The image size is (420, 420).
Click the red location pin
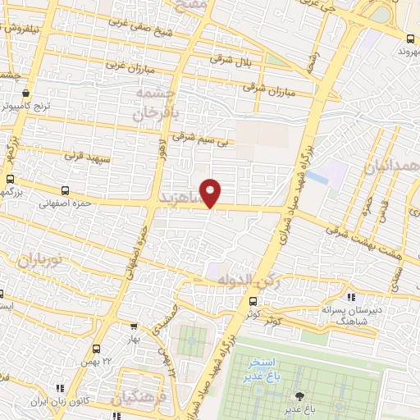pyautogui.click(x=211, y=193)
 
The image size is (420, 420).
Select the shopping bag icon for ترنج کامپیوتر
pyautogui.click(x=26, y=93)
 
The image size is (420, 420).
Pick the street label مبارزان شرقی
pyautogui.click(x=262, y=85)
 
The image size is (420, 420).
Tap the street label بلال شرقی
pyautogui.click(x=229, y=58)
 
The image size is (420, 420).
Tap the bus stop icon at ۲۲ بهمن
pyautogui.click(x=98, y=348)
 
